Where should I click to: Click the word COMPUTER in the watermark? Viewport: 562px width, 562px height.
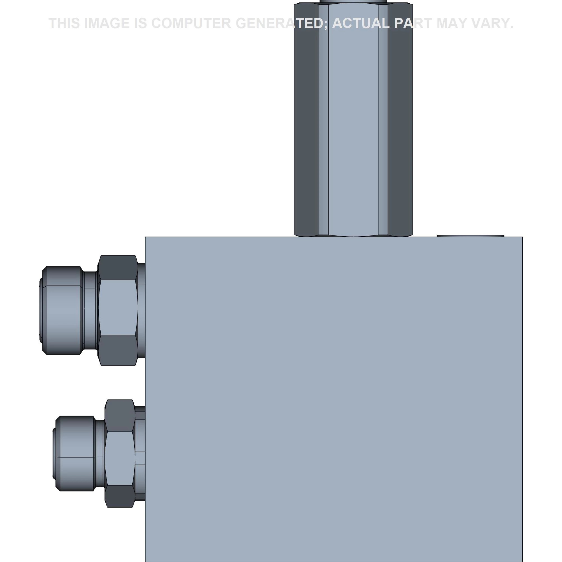191,23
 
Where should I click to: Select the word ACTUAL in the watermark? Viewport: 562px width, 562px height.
361,23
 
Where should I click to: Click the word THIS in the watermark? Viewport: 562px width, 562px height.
64,23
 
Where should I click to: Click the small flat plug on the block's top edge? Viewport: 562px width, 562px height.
470,236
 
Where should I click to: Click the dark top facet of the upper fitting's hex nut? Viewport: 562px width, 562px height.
118,268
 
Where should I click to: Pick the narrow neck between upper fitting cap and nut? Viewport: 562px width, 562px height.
90,310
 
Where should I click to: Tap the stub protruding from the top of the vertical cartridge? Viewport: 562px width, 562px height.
353,1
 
